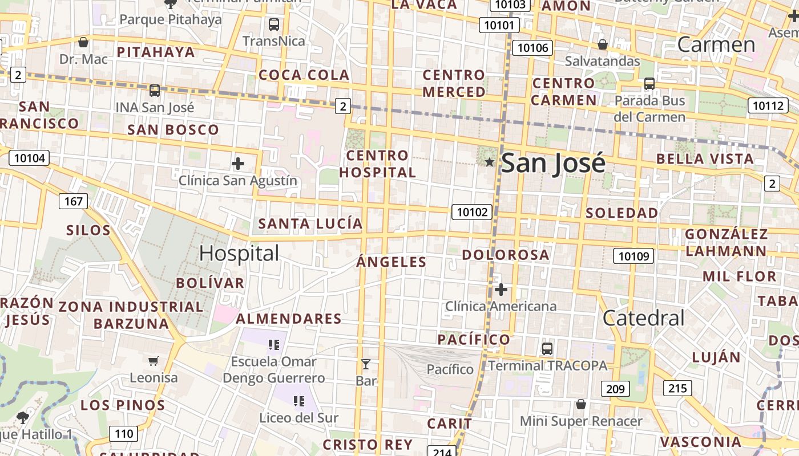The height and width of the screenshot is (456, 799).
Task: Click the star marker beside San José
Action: (489, 162)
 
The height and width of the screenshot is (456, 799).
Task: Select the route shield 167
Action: (73, 201)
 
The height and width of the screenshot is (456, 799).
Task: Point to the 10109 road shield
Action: (633, 256)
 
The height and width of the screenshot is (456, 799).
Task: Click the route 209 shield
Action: (615, 389)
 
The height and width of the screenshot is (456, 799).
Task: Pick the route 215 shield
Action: (677, 389)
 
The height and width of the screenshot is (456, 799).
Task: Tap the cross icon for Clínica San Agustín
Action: (238, 164)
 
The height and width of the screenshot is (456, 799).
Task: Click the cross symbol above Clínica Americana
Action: (501, 290)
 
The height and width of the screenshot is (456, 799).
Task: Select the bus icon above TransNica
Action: (274, 25)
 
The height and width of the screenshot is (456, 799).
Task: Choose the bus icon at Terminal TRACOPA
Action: (547, 348)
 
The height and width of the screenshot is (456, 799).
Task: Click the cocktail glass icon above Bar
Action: (366, 364)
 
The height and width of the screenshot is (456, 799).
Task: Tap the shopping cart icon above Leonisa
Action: (153, 361)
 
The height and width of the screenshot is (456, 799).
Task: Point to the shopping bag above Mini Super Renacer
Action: (580, 404)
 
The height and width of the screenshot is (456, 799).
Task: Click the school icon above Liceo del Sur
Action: (298, 401)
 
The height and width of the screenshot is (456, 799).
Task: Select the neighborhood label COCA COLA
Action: (304, 75)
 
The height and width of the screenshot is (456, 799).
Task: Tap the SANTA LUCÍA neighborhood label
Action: (310, 223)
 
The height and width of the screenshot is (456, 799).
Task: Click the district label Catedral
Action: (643, 318)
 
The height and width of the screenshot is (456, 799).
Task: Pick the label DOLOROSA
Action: (506, 254)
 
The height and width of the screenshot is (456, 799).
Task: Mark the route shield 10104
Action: (29, 158)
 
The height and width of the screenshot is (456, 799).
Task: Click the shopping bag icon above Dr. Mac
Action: (83, 42)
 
